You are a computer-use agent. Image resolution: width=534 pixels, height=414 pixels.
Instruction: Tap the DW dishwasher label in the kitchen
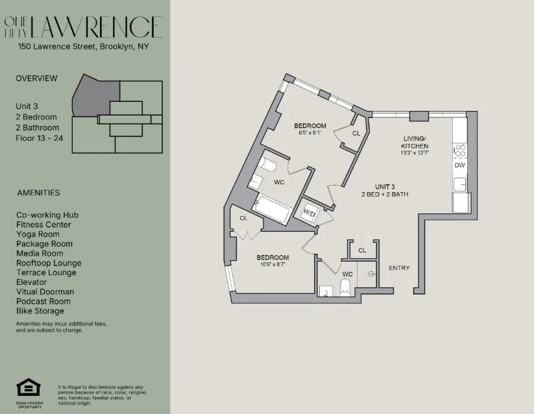point(459,165)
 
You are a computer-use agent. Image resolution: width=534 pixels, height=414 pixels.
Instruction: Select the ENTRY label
point(400,268)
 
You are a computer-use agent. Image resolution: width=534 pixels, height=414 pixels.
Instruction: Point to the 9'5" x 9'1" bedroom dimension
point(309,133)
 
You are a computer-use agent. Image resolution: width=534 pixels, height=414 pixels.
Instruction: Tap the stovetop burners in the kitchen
point(460,151)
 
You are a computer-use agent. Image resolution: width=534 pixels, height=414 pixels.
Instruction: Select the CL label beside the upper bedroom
point(356,133)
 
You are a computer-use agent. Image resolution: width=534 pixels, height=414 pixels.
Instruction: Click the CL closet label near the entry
point(362,250)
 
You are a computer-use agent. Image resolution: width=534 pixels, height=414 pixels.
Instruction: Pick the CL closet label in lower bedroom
point(243,218)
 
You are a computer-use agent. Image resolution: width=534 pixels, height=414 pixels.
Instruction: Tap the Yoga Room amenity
point(38,234)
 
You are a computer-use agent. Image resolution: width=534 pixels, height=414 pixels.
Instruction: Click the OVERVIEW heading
point(36,79)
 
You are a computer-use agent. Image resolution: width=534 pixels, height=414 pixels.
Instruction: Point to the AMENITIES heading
point(38,193)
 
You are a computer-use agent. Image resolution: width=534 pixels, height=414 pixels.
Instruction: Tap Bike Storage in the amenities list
point(40,311)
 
